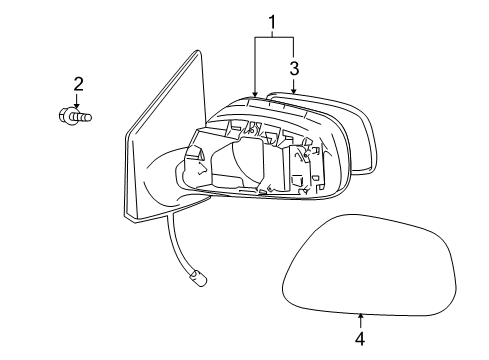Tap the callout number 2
pos(76,83)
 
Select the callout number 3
pos(294,68)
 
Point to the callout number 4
pos(359,338)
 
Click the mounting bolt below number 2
pos(77,116)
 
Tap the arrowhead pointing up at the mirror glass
pos(360,315)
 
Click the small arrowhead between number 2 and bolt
pos(76,100)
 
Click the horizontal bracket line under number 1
pos(273,38)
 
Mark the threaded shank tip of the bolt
pos(90,117)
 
